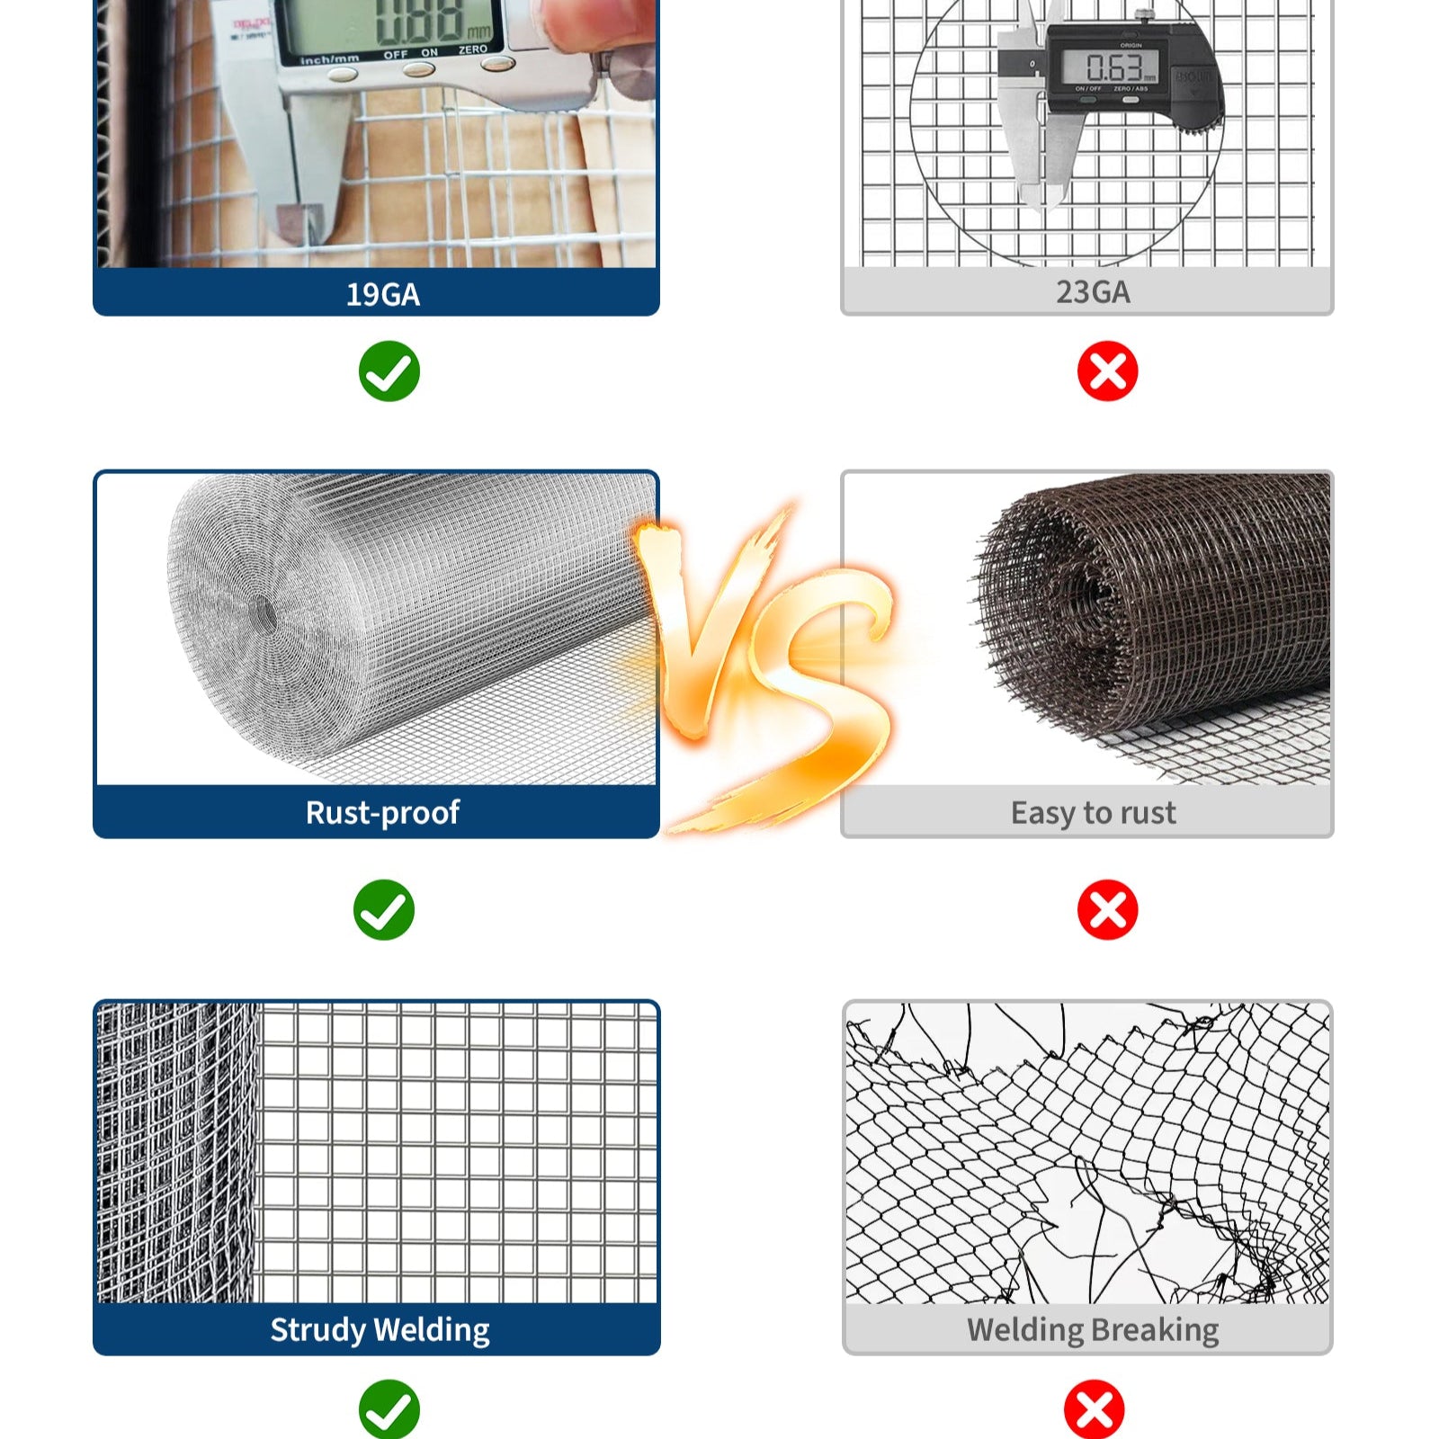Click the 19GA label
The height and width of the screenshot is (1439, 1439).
click(383, 295)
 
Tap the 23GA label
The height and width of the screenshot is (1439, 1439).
click(1092, 292)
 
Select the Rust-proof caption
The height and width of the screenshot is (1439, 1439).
click(382, 812)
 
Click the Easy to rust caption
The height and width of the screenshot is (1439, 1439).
click(1092, 813)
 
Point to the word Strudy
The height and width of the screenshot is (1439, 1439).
click(317, 1329)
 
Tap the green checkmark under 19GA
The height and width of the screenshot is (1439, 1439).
click(389, 371)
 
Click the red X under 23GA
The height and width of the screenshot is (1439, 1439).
click(1107, 371)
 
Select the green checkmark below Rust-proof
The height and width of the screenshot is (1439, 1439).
click(384, 910)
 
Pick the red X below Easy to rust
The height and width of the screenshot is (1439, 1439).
click(1107, 910)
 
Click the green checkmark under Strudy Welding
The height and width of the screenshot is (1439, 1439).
click(389, 1408)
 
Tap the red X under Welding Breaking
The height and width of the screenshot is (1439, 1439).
click(1094, 1408)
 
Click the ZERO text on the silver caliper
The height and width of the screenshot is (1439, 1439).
click(473, 49)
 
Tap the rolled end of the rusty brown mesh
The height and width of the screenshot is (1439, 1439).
click(1052, 612)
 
